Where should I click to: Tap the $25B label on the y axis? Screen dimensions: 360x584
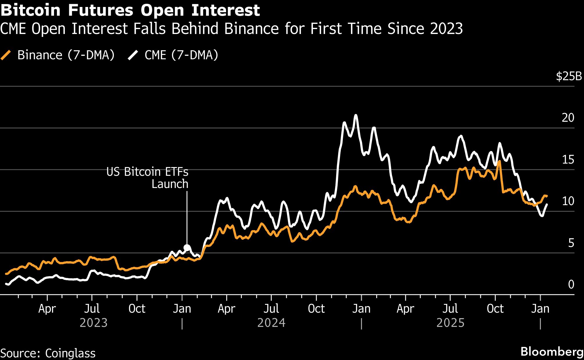point(569,76)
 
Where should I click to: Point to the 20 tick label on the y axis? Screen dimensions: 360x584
point(568,118)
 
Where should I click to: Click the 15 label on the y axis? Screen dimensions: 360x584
point(568,160)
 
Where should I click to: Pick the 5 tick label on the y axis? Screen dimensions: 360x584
point(571,243)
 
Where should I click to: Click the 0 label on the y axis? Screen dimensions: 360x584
point(571,284)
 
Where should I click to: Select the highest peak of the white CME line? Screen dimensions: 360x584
point(356,115)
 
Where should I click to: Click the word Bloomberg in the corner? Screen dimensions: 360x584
point(551,352)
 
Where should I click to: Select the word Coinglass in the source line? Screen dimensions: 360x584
point(70,353)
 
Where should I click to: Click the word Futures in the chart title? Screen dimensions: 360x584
point(101,10)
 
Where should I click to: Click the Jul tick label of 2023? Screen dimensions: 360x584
point(92,309)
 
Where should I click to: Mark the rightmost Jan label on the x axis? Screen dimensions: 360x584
point(540,309)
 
